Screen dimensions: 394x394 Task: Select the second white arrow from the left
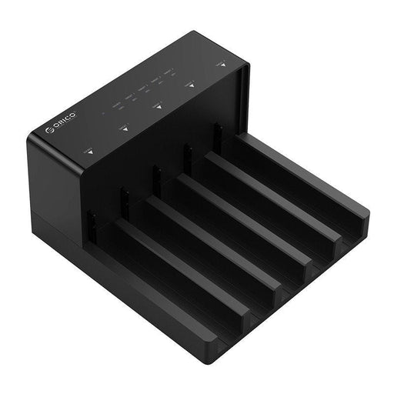122,130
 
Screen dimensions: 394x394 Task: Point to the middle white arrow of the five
157,107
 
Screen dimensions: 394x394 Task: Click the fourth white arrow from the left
191,87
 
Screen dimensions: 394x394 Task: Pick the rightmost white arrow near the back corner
222,65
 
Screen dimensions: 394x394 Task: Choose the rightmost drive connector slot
218,137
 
